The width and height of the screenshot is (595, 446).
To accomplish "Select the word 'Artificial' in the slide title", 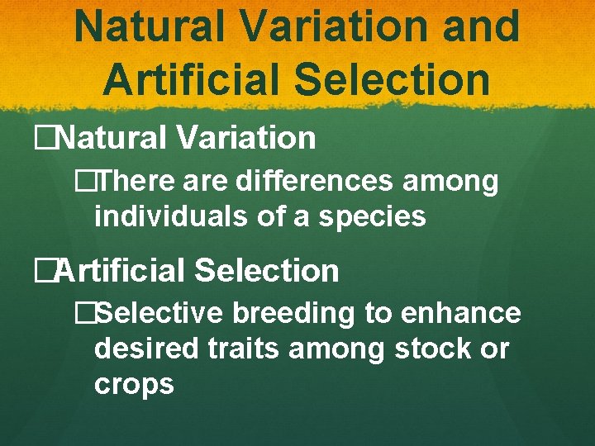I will click(189, 80).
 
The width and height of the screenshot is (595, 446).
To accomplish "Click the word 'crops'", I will click(134, 385).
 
